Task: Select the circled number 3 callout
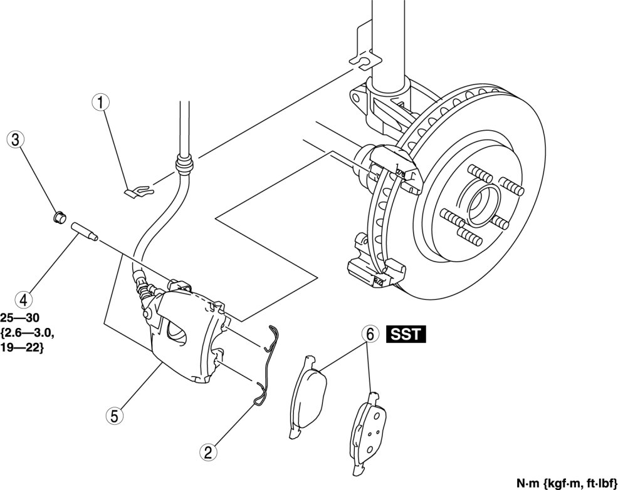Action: [x=14, y=140]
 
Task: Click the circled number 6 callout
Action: [x=370, y=335]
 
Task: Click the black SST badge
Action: [x=406, y=335]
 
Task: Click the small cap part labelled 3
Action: [x=58, y=218]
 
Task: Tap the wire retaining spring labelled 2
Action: [x=268, y=363]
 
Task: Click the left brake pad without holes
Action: [x=308, y=394]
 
